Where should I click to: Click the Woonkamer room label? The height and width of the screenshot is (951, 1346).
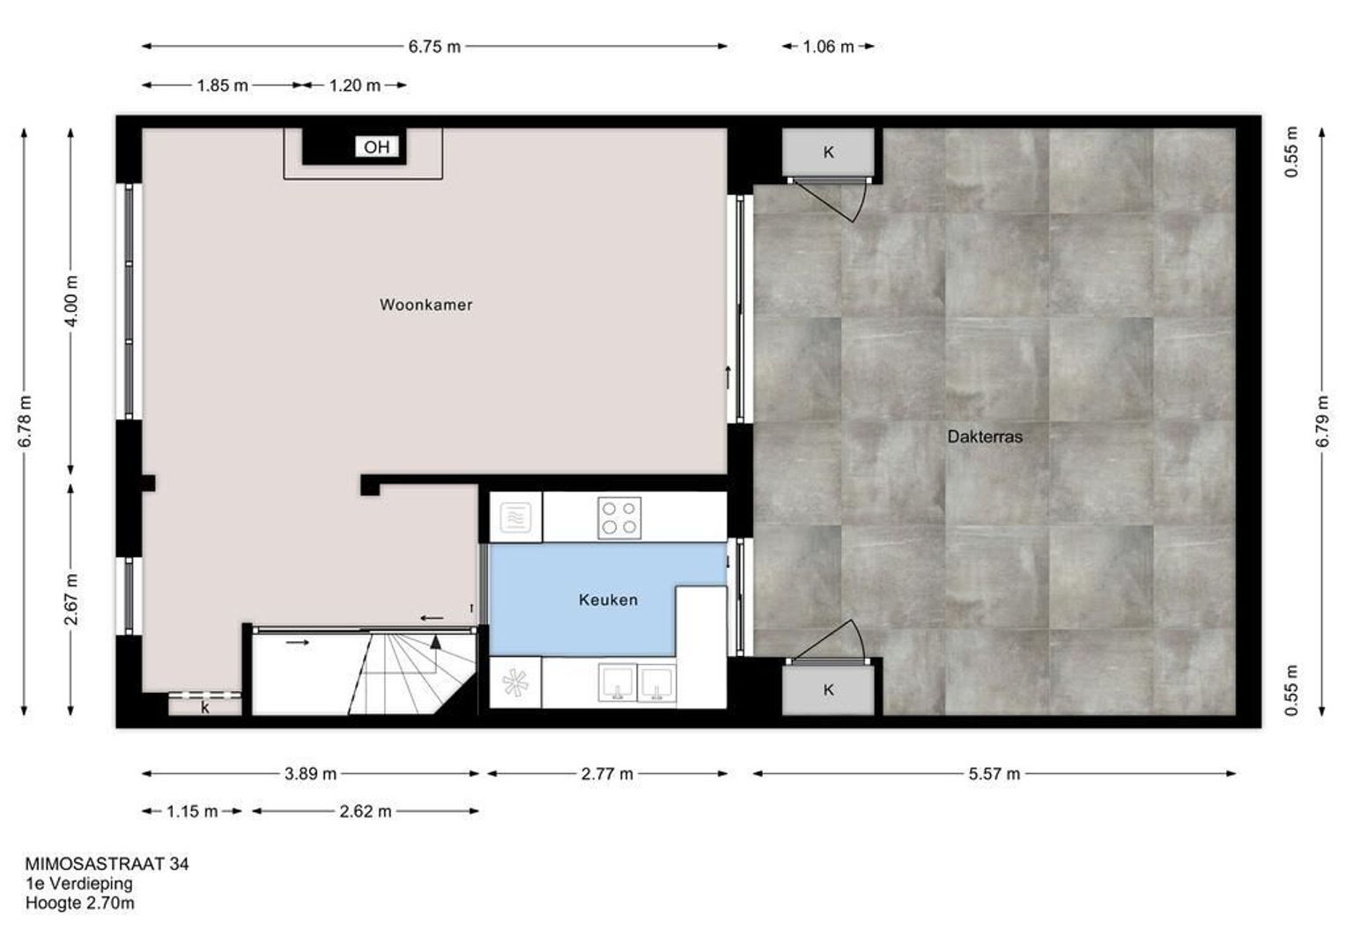point(425,305)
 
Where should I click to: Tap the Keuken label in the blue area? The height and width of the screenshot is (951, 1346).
point(608,600)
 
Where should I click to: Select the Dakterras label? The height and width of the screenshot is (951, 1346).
point(985,437)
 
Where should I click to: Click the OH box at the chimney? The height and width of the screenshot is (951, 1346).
point(377,146)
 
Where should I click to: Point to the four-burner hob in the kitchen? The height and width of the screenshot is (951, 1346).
point(619,518)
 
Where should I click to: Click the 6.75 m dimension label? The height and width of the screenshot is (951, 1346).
point(434,47)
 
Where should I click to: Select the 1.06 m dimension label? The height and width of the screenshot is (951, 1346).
point(828,47)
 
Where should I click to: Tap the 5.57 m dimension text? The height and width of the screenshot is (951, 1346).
point(994,774)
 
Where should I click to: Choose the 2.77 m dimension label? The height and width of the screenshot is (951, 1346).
point(607,774)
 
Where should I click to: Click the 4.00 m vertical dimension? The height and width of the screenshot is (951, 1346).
point(71,301)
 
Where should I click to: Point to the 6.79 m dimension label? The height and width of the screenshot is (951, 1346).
point(1322,421)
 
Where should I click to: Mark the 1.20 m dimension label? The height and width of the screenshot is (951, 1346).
point(354,86)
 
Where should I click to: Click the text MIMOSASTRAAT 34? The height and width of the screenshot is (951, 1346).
point(107,864)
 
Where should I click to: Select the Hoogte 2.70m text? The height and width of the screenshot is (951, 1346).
point(80,903)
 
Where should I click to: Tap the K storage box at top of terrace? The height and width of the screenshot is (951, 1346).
point(828,152)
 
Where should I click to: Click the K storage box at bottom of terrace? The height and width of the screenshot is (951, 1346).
point(828,689)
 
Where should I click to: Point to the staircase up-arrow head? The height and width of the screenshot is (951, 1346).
point(436,642)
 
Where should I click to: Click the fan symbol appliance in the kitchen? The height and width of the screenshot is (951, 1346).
point(515,683)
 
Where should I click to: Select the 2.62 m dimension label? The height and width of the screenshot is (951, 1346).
point(366,812)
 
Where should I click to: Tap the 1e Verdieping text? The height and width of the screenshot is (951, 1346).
point(78,884)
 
